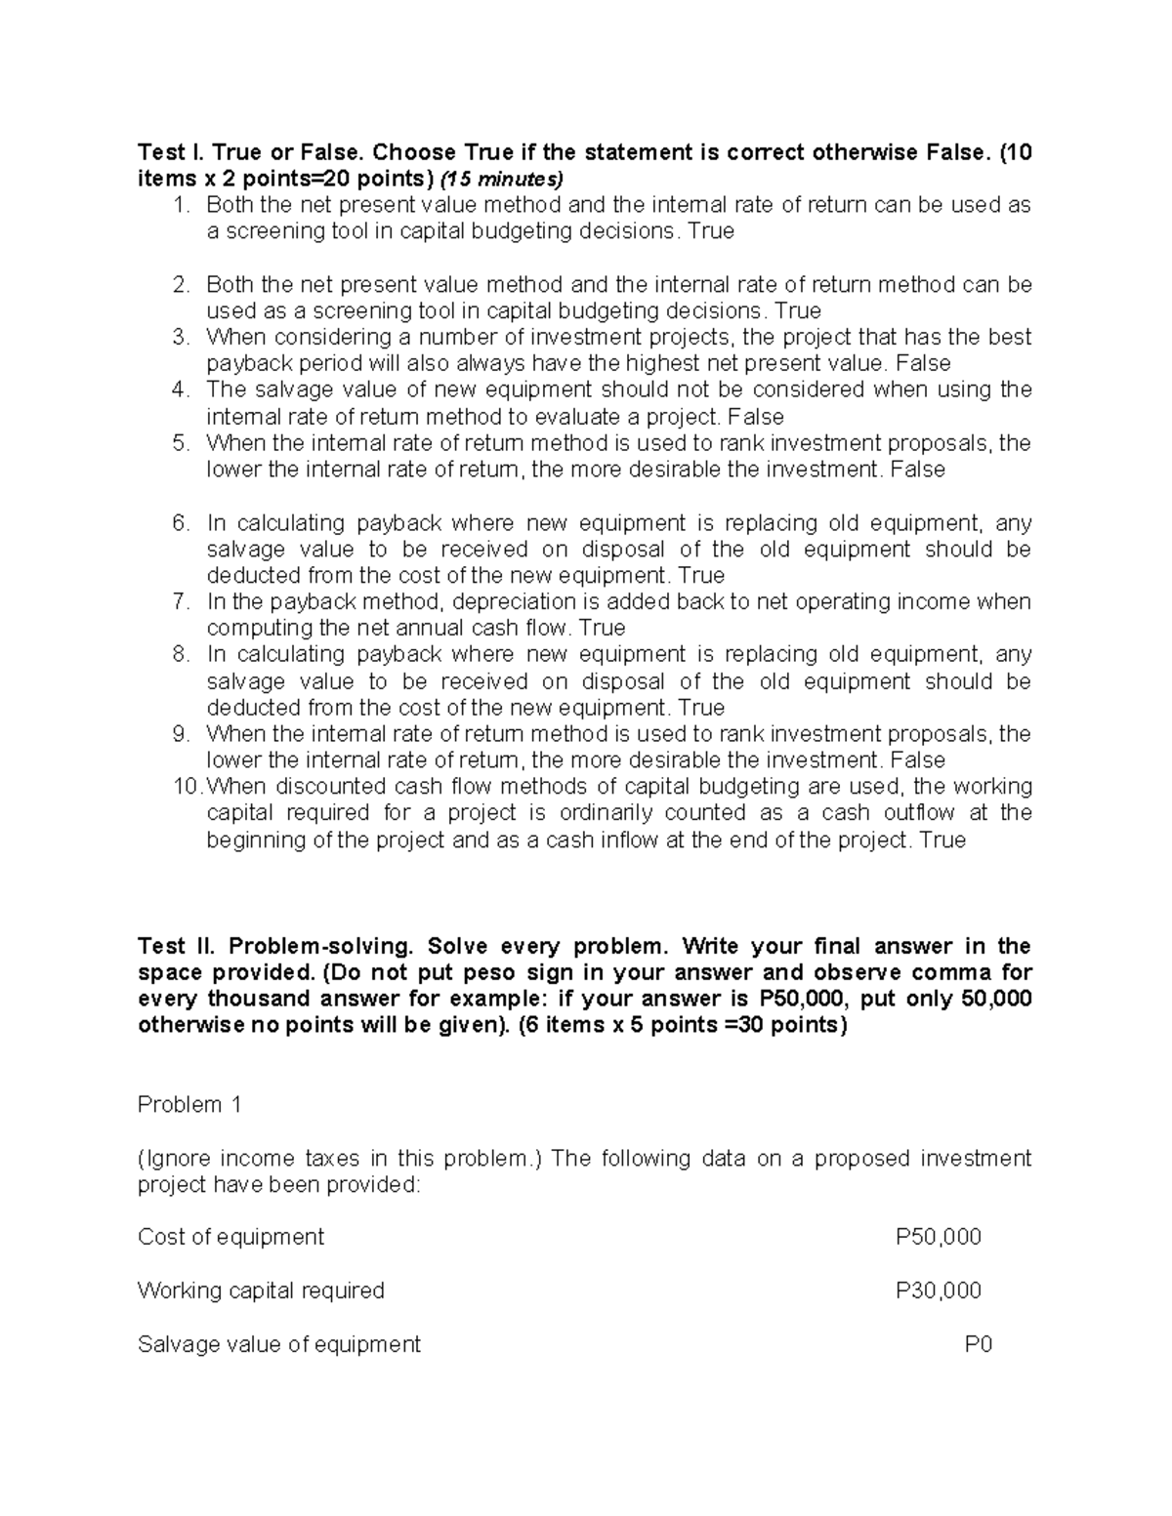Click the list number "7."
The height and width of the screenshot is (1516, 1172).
click(182, 601)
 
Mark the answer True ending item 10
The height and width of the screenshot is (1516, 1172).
click(942, 840)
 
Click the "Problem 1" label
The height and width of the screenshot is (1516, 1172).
click(189, 1105)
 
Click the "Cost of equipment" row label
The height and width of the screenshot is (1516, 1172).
click(230, 1237)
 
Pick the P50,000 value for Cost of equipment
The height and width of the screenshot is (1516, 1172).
click(938, 1237)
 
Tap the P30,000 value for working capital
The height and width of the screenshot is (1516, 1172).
click(938, 1291)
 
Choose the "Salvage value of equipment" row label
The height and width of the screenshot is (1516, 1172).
click(279, 1344)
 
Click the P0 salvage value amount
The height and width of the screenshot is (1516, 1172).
click(978, 1344)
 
